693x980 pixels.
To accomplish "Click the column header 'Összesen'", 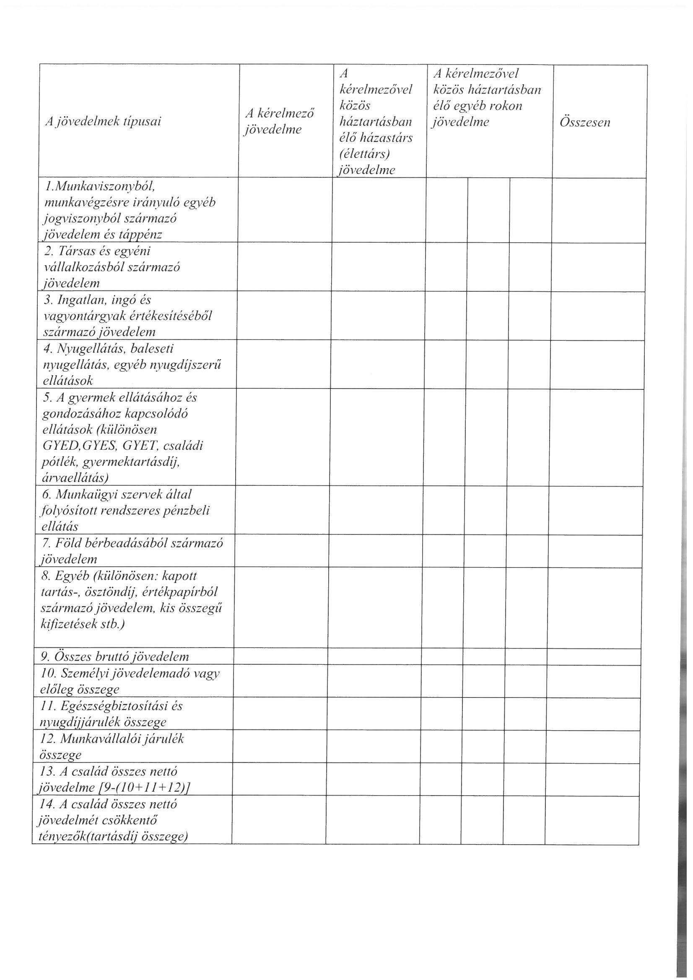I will click(x=584, y=122).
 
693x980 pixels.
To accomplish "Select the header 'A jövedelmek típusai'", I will click(x=103, y=122).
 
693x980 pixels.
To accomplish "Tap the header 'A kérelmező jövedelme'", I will click(x=279, y=121).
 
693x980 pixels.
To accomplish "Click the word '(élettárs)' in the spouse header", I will click(x=365, y=154).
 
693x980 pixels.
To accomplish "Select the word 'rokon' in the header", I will click(x=506, y=106).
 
